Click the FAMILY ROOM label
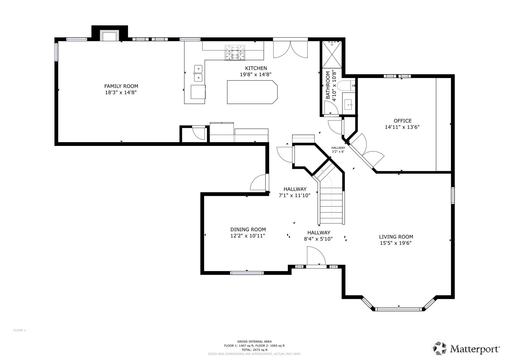[121, 86]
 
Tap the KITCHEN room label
[256, 68]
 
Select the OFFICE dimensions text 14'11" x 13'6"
[402, 127]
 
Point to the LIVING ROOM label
[396, 237]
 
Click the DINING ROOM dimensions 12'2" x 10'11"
[248, 236]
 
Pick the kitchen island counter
[252, 92]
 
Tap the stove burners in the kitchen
[235, 53]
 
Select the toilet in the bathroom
[346, 86]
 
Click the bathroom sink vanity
[349, 104]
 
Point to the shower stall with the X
[332, 54]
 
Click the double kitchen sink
[198, 73]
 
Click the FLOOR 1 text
[19, 330]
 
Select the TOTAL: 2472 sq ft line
[254, 350]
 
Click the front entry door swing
[316, 256]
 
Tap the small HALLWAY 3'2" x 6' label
[338, 150]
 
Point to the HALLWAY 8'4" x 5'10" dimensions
[318, 239]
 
